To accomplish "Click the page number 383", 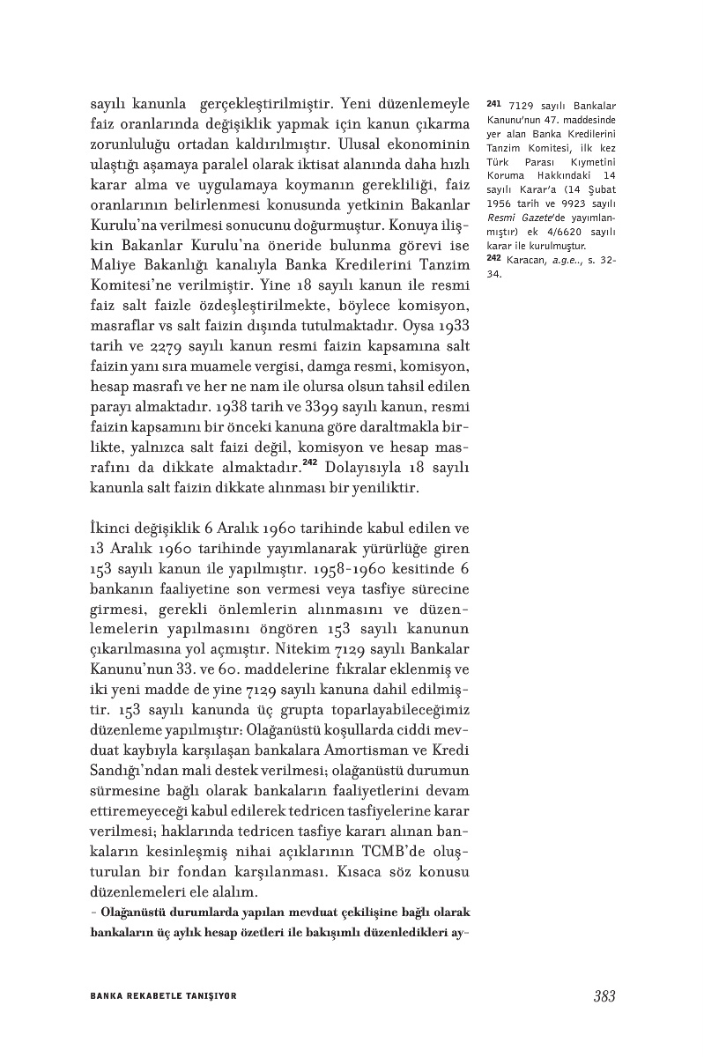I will tap(604, 996).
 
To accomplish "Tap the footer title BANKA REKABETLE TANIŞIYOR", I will tap(164, 996).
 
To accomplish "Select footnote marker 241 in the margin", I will tap(493, 105).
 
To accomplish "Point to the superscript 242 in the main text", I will tap(309, 462).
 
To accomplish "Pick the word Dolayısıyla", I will tap(360, 466).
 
